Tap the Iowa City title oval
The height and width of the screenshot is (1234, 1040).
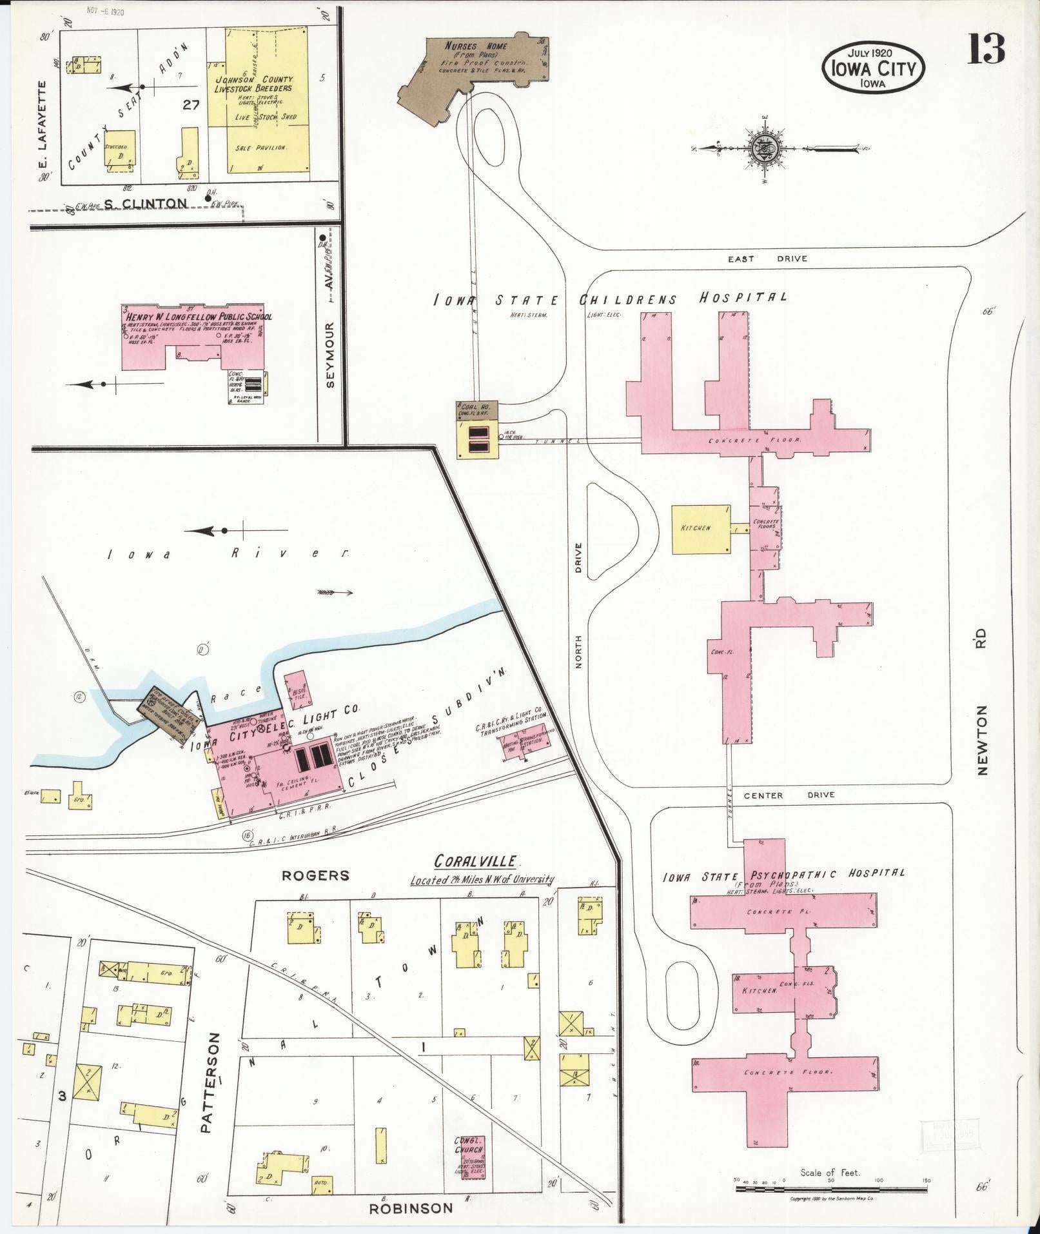[x=873, y=68]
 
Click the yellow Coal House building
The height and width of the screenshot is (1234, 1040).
[x=478, y=430]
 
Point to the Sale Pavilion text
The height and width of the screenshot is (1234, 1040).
[x=260, y=148]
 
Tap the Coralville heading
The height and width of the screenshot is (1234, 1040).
[x=475, y=861]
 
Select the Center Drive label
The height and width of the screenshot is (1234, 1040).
[x=789, y=795]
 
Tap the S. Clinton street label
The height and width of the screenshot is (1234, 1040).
[x=146, y=204]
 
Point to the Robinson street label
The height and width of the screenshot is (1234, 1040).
[x=411, y=1208]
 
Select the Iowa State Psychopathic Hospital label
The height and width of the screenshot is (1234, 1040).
[x=783, y=875]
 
